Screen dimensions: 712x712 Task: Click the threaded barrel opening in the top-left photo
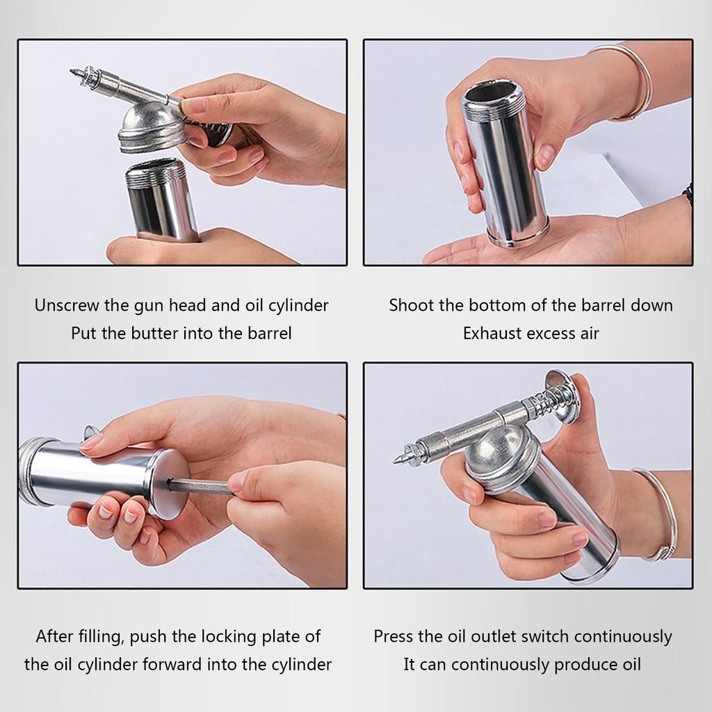pos(156,172)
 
